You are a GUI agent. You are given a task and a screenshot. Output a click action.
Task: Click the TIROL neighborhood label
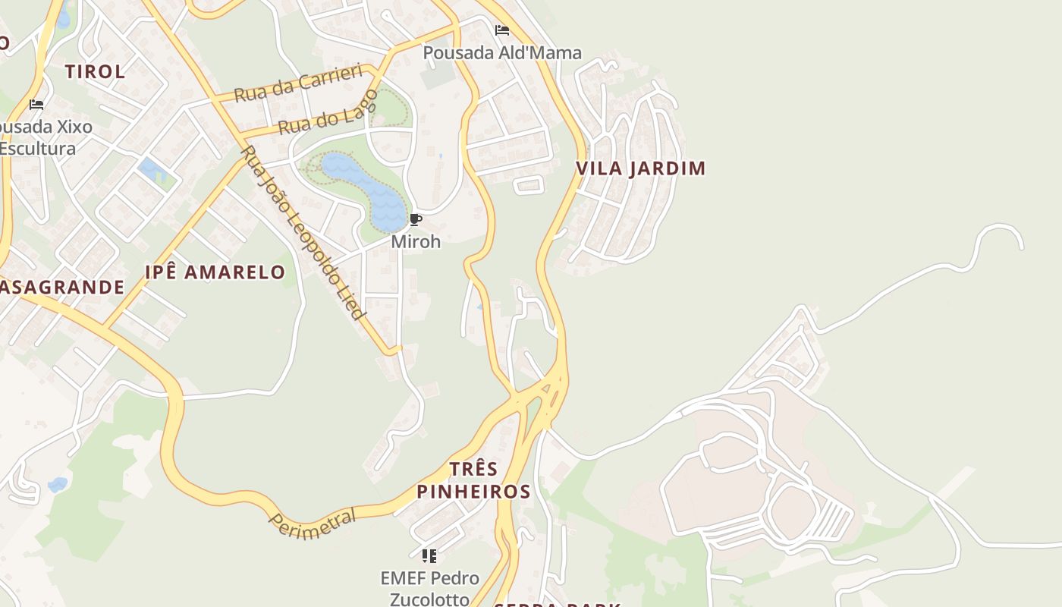(x=95, y=72)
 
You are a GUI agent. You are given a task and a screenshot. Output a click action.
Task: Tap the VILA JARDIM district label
(x=641, y=168)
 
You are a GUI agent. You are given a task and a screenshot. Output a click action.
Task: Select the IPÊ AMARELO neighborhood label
(x=215, y=272)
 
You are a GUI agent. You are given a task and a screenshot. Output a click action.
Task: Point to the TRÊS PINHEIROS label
(x=473, y=480)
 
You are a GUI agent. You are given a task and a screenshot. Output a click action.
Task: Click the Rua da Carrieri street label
(x=298, y=83)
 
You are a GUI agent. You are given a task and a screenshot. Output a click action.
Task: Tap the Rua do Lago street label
(x=328, y=112)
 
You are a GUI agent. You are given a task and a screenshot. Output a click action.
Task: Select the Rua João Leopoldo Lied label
(x=303, y=232)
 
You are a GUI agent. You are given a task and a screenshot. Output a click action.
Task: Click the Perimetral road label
(x=313, y=524)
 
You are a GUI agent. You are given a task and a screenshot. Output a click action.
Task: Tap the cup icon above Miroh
(x=415, y=220)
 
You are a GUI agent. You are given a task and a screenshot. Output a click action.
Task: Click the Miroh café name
(x=415, y=241)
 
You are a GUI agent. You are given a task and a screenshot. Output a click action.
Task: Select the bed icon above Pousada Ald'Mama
(x=501, y=30)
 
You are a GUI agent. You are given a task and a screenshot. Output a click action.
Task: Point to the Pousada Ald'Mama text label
(x=501, y=52)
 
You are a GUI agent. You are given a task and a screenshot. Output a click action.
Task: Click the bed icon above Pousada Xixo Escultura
(x=36, y=104)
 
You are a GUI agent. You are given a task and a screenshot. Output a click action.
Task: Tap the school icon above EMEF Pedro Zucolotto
(x=429, y=556)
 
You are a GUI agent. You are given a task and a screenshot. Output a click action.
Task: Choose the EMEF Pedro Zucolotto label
(x=429, y=588)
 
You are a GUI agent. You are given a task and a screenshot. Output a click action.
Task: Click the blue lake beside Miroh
(x=368, y=190)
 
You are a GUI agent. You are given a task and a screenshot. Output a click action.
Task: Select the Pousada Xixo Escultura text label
(x=42, y=137)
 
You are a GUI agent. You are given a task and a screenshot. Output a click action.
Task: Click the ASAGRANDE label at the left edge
(x=61, y=287)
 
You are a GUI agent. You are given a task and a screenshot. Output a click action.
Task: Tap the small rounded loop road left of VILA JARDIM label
(x=529, y=184)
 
